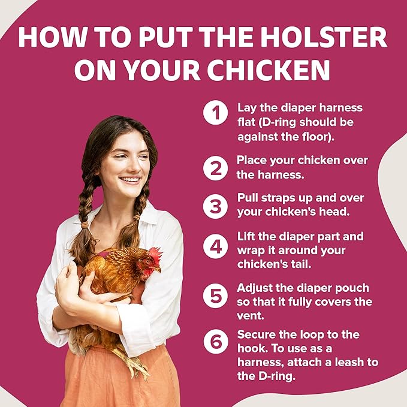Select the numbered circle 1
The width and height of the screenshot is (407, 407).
215,113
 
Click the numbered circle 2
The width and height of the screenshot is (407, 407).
215,168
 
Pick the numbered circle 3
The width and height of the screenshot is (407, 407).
215,206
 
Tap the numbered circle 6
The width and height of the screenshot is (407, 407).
215,341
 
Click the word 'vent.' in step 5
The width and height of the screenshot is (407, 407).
252,316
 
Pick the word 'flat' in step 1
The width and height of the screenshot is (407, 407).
246,123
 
